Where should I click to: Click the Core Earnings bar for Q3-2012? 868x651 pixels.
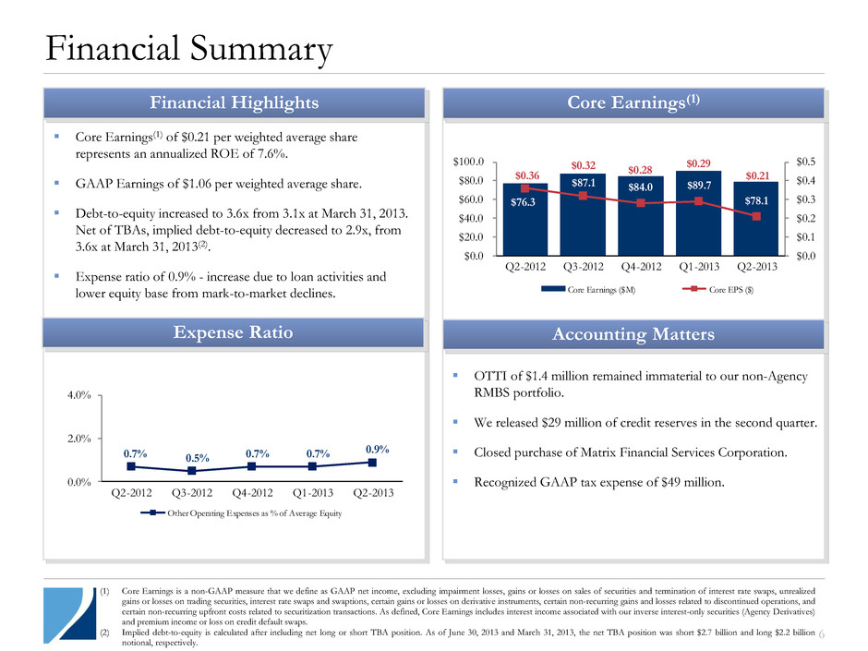click(x=583, y=222)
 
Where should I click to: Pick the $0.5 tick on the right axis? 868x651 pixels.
click(x=807, y=162)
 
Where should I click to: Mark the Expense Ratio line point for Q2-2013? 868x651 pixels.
click(x=371, y=462)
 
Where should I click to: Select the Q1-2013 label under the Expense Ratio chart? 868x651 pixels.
click(x=311, y=493)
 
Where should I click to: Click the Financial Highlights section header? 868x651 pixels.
click(x=234, y=102)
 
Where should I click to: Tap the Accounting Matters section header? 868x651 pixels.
click(x=633, y=333)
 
